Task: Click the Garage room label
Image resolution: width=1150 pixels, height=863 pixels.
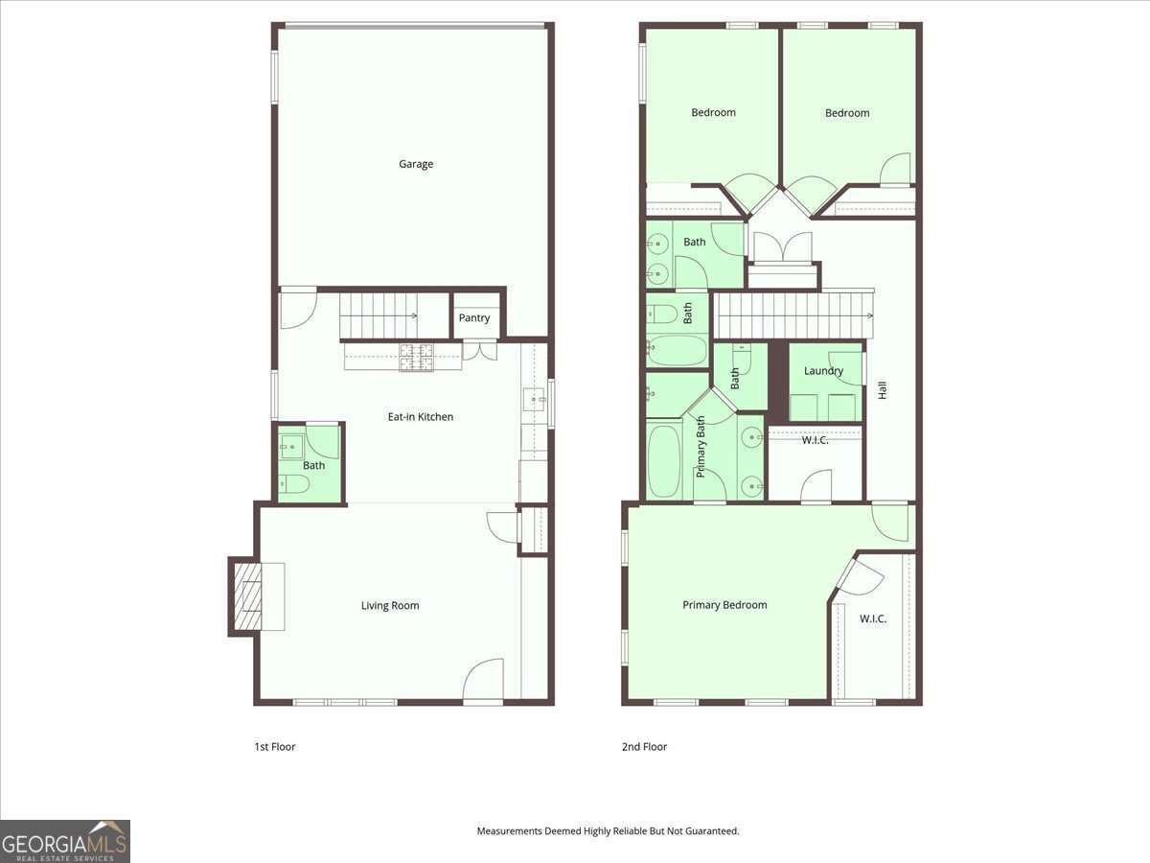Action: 416,164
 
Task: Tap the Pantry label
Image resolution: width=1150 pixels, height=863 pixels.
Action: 474,318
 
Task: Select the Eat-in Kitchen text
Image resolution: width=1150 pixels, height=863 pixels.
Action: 420,417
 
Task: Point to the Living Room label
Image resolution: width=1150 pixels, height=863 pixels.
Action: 390,606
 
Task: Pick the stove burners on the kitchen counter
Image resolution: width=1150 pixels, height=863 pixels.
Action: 417,358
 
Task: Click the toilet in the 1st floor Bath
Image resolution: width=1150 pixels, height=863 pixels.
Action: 293,484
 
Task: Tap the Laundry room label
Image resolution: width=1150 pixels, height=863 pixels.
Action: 823,371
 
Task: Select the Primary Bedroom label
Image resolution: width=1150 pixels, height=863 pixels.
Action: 724,605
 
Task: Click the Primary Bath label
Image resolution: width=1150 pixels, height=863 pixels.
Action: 701,447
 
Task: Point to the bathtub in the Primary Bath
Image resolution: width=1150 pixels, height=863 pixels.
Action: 664,461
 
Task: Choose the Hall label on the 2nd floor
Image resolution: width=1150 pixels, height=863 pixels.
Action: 883,390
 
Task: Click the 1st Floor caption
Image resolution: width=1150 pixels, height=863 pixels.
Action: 274,747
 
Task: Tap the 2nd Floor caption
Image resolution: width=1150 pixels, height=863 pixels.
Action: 644,747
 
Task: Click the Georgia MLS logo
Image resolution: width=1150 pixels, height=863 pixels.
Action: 65,841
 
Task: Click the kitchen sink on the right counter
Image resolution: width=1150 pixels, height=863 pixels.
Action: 535,400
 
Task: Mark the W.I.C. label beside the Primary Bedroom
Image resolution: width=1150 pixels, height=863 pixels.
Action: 873,618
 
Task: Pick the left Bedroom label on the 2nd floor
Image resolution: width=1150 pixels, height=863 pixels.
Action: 713,112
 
